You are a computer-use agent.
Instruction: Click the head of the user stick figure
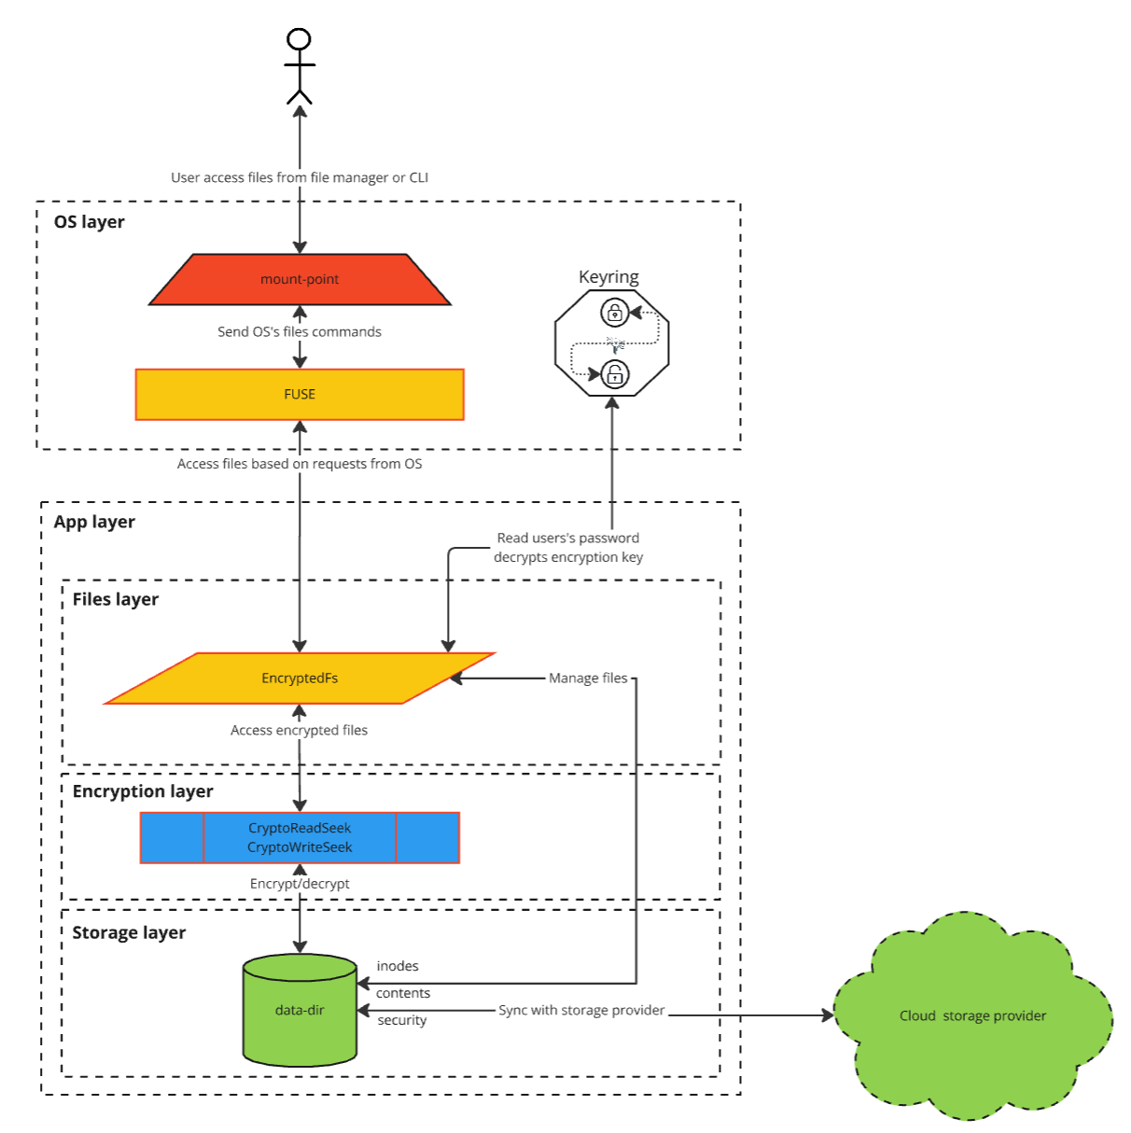[x=299, y=39]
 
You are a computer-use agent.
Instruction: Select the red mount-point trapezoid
[x=300, y=279]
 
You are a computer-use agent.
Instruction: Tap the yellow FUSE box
[x=300, y=395]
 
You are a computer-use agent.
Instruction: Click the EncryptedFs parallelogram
[x=300, y=678]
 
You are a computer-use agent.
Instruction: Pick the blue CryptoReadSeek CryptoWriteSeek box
[x=300, y=838]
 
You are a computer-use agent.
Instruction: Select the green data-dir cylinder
[x=300, y=1011]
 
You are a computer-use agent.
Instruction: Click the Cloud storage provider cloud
[x=972, y=1016]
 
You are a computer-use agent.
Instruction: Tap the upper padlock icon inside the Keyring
[x=614, y=312]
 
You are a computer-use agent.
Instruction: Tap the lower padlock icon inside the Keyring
[x=615, y=375]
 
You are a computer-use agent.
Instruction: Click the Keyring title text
[x=608, y=277]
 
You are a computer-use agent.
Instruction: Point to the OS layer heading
[x=90, y=222]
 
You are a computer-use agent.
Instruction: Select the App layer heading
[x=94, y=523]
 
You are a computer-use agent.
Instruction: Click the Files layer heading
[x=116, y=600]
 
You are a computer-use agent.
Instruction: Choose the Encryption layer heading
[x=143, y=791]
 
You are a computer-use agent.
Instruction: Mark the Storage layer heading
[x=129, y=933]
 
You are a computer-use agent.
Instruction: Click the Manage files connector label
[x=588, y=678]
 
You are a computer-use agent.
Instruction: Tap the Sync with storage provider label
[x=581, y=1011]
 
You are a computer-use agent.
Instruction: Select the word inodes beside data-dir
[x=398, y=967]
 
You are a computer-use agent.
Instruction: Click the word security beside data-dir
[x=402, y=1021]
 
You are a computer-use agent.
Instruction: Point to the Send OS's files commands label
[x=300, y=332]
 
